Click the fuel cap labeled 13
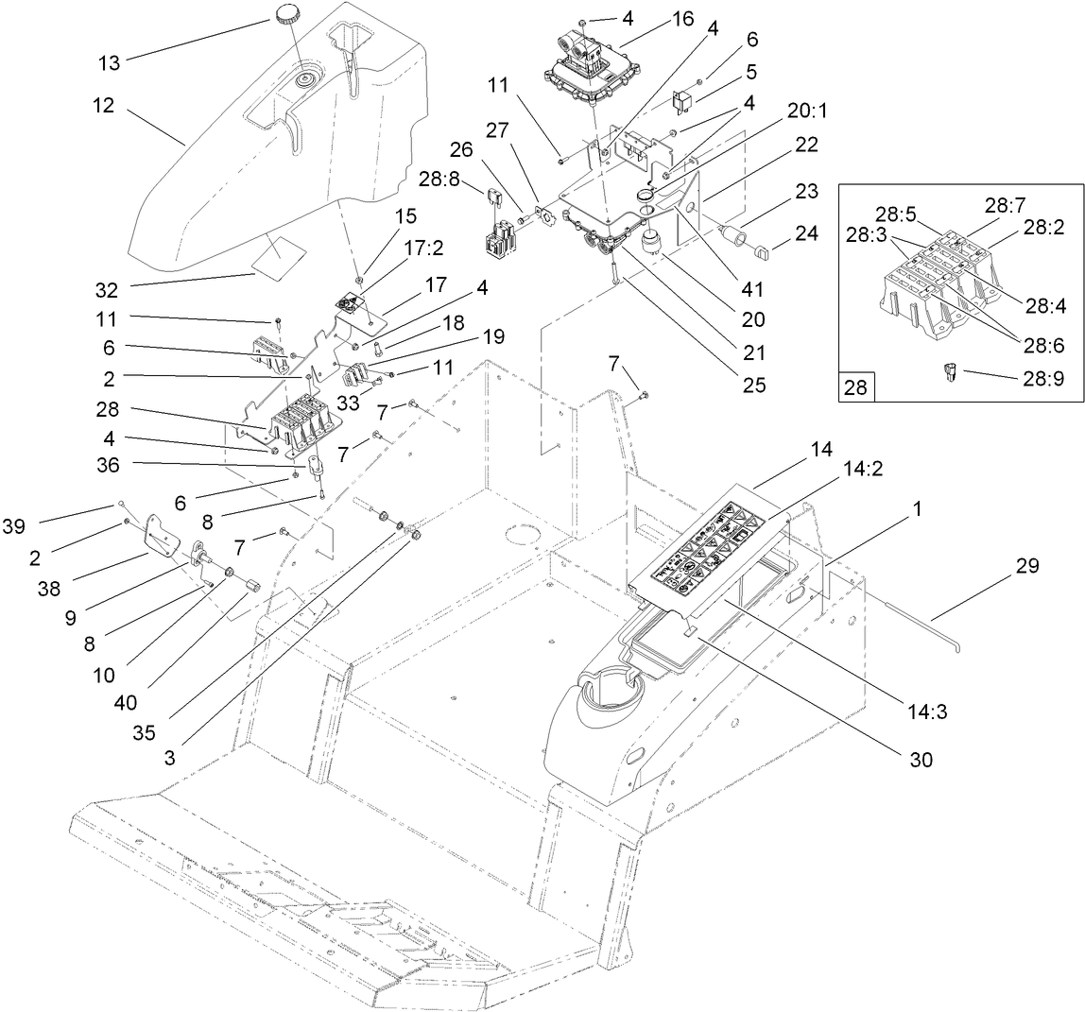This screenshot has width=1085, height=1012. point(287,15)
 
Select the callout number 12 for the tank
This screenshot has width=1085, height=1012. point(104,106)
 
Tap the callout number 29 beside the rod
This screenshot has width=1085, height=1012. point(1027,566)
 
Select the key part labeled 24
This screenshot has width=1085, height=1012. point(764,251)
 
